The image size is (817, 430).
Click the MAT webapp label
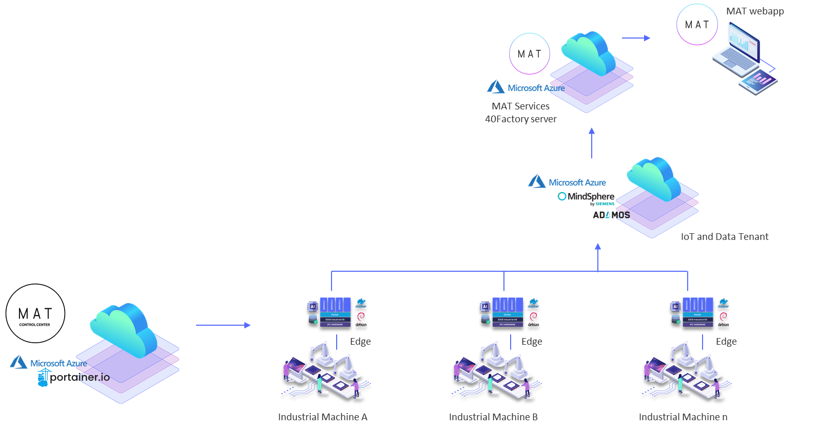(754, 11)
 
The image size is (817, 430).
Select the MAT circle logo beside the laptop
(696, 25)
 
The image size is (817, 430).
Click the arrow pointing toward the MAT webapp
(636, 38)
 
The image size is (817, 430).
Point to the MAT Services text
(520, 106)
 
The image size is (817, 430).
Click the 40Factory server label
(520, 119)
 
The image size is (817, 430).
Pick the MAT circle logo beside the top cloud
(529, 54)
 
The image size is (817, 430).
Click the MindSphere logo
(586, 196)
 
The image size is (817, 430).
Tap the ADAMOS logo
(611, 215)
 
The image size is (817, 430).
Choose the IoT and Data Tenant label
(724, 237)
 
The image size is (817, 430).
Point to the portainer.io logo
(74, 378)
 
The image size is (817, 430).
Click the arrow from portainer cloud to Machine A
(223, 325)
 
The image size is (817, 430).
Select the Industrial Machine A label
(322, 417)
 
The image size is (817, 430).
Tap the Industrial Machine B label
(493, 417)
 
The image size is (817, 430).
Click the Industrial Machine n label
(683, 417)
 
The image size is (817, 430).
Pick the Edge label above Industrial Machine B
(532, 342)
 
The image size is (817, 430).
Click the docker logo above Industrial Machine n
(724, 303)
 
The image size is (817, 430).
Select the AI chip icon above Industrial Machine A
(313, 306)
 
